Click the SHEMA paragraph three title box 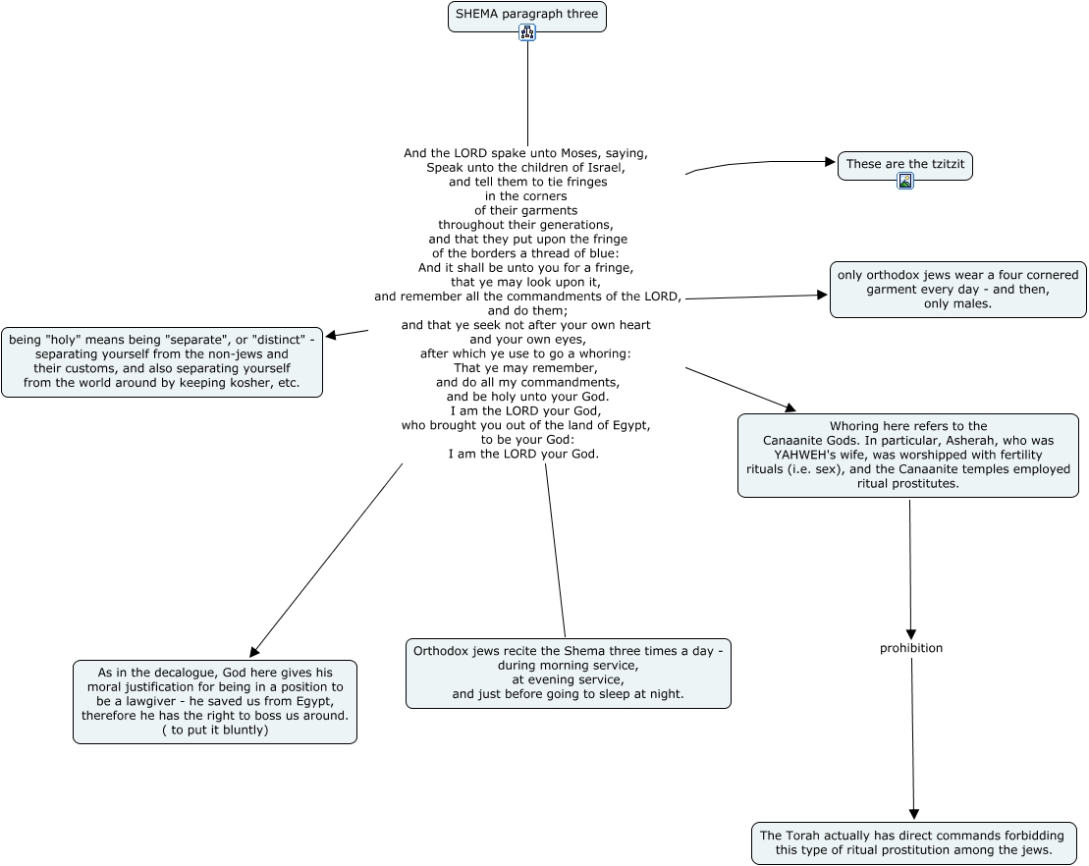[527, 17]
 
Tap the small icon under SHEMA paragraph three [527, 32]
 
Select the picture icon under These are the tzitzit [905, 182]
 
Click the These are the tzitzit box [905, 166]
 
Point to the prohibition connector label [911, 648]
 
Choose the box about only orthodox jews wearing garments [957, 290]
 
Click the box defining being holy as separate [162, 362]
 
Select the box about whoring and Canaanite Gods [907, 456]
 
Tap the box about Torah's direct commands [913, 843]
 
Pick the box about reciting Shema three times [569, 673]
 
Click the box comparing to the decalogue [215, 701]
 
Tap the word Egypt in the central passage [629, 426]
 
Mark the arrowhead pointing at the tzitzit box [830, 162]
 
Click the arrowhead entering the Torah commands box [914, 815]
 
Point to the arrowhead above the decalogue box [254, 651]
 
